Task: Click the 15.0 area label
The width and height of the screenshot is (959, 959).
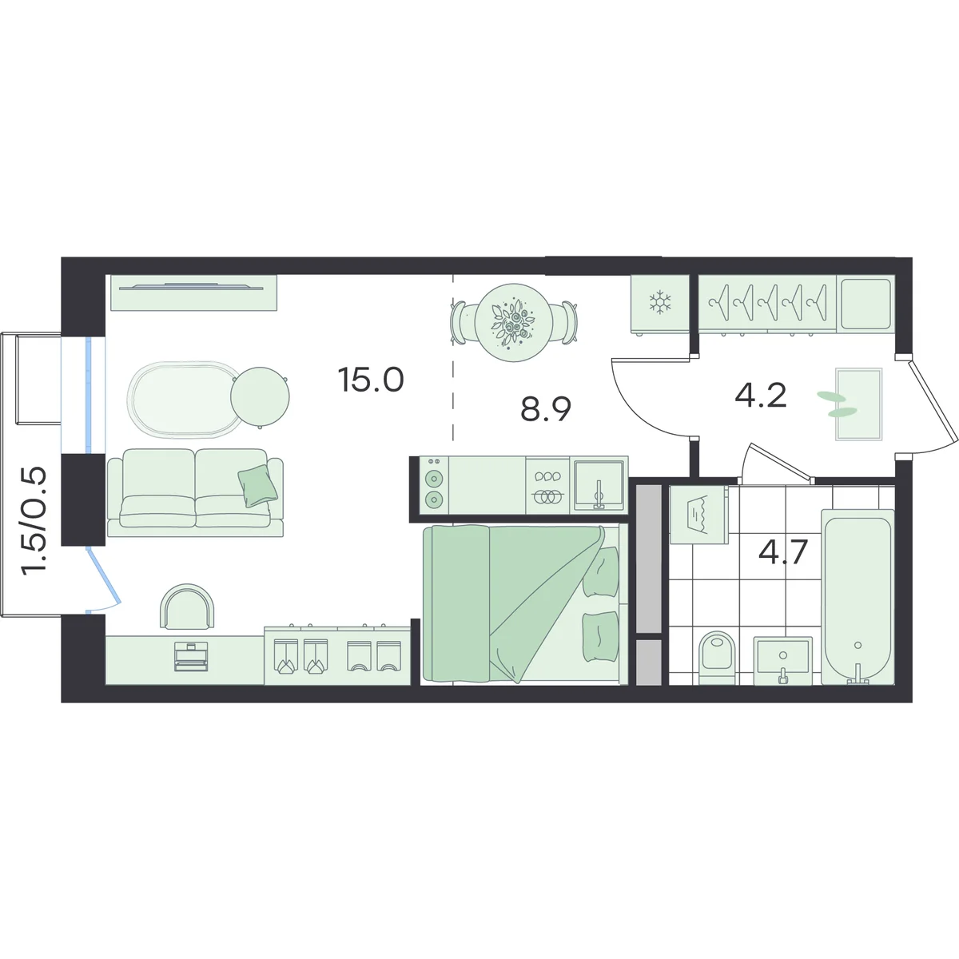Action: coord(370,380)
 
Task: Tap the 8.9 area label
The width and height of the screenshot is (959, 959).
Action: coord(546,410)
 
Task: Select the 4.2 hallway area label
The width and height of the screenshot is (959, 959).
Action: coord(761,396)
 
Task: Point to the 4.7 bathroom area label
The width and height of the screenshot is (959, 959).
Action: coord(783,551)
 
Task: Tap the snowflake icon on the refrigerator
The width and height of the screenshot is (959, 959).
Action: coord(660,302)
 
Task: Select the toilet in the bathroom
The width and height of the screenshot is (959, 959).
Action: coord(717,658)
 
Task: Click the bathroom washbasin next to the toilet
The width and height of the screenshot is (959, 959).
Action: coord(783,660)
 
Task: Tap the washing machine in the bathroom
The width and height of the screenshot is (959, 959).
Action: coord(698,515)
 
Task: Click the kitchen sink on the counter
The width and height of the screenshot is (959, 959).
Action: coord(599,485)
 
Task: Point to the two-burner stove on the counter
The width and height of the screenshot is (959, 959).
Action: coord(434,485)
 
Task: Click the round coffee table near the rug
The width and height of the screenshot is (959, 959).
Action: coord(260,396)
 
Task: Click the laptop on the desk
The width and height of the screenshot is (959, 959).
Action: coord(191,656)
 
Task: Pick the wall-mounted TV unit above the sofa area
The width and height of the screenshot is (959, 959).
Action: coord(193,292)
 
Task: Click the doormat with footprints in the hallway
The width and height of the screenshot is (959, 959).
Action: coord(858,404)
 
